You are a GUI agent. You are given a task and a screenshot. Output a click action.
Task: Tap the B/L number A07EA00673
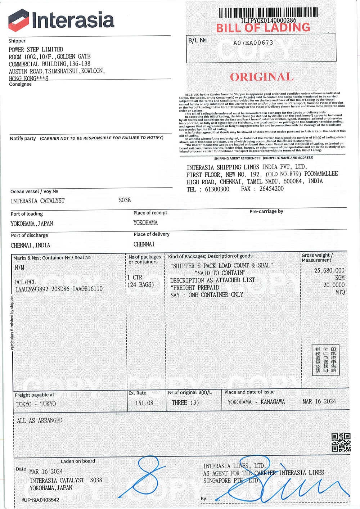tap(253, 42)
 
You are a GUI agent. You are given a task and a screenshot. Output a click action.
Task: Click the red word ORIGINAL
tap(262, 77)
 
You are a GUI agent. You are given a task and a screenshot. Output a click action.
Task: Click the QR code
tap(341, 442)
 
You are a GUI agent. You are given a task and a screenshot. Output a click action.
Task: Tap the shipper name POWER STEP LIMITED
tap(36, 49)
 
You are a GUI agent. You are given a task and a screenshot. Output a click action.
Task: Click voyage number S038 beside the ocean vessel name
tap(125, 200)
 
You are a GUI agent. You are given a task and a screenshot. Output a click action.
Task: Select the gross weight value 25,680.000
tap(329, 270)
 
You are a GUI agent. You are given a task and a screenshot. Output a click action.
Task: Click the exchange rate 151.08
tap(144, 403)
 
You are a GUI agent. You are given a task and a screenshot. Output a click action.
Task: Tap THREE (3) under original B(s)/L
tap(185, 402)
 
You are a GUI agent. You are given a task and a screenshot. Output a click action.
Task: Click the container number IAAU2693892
tap(32, 289)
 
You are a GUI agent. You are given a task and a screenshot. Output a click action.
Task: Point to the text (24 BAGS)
tap(141, 284)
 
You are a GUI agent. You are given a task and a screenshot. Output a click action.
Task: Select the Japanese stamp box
tap(325, 360)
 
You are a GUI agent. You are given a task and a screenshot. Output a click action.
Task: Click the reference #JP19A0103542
tap(41, 500)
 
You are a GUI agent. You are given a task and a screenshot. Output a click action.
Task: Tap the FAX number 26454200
tap(270, 189)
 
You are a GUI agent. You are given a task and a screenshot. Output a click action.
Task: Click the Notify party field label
tap(23, 138)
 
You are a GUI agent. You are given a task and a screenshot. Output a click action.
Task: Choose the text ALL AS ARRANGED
tap(40, 420)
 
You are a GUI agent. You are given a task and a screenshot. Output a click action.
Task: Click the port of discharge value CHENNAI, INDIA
tap(31, 245)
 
